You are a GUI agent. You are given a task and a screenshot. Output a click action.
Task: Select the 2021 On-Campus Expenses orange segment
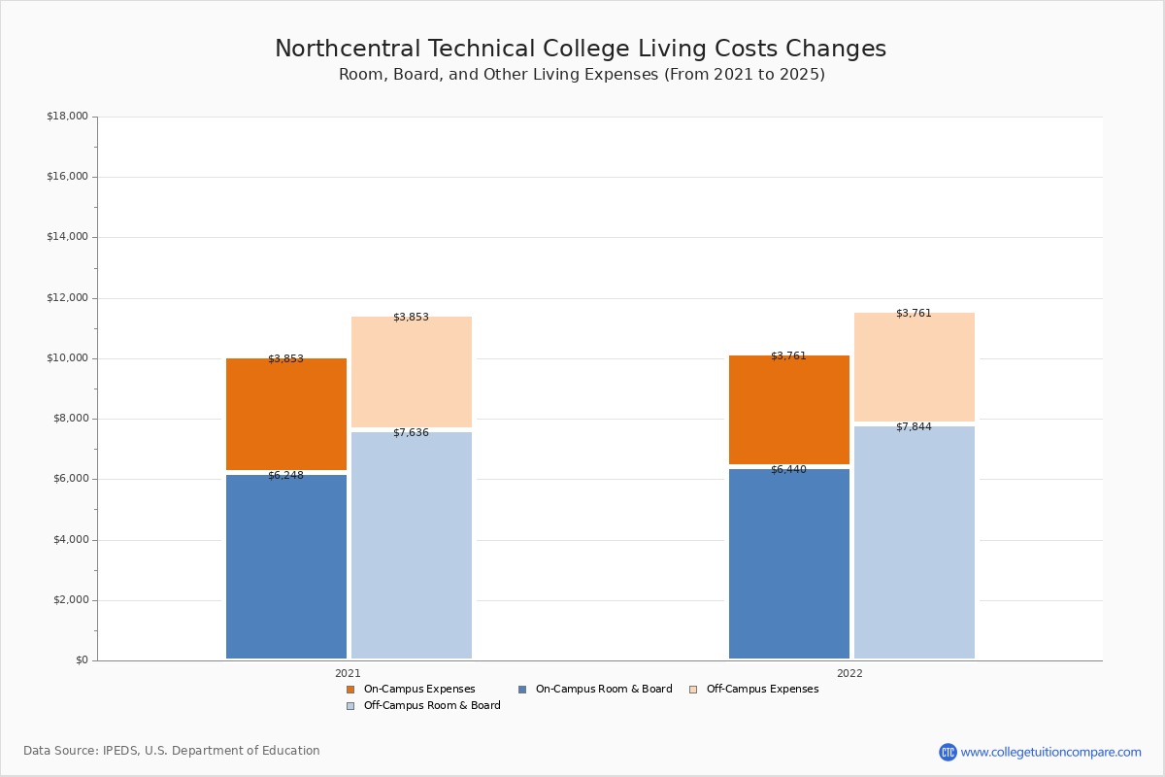(286, 414)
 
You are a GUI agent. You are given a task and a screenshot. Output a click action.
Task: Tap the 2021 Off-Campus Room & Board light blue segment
(412, 545)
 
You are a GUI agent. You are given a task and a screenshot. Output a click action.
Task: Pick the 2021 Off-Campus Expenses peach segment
(412, 372)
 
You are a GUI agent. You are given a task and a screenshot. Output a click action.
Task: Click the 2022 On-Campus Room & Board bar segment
(789, 563)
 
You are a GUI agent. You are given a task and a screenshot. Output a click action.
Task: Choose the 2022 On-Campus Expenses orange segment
(789, 409)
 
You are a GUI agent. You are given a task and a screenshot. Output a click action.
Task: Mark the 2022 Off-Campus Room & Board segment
(915, 542)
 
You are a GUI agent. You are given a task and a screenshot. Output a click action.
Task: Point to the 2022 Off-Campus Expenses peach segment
(915, 367)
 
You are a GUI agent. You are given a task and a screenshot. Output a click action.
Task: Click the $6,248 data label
(285, 476)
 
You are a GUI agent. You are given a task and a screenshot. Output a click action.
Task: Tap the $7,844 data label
(914, 427)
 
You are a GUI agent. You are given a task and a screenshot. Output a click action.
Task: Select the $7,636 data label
(411, 433)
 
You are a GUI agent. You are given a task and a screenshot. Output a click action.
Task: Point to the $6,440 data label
(788, 470)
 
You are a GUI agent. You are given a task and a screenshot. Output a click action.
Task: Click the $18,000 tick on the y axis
(67, 117)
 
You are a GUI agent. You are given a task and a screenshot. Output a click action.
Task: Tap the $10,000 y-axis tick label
(67, 358)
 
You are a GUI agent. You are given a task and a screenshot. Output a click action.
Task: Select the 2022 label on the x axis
(849, 673)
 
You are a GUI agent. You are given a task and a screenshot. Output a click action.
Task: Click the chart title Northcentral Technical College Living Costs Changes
(581, 50)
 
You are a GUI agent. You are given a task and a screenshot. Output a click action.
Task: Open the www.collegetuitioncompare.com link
(1050, 752)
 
